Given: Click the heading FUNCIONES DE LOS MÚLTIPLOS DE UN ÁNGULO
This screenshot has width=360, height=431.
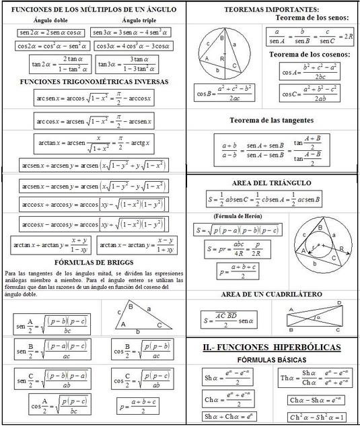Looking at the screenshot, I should [x=94, y=10].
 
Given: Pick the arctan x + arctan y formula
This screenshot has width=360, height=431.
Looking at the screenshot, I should [x=50, y=245].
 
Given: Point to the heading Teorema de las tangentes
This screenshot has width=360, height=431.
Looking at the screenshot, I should [x=271, y=120].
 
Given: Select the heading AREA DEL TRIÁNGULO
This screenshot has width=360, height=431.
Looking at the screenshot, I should [x=271, y=183].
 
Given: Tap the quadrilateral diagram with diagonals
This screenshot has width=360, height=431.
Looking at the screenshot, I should [x=314, y=316].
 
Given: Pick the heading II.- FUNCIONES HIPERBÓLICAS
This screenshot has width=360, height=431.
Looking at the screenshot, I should [x=271, y=347].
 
